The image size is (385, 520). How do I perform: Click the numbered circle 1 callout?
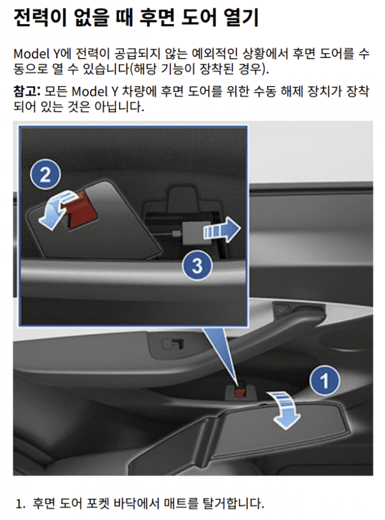tap(324, 380)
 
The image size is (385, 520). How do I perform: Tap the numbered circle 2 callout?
tap(45, 175)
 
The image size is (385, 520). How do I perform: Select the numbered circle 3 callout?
tap(197, 265)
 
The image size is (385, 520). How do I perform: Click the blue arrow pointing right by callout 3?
tap(221, 229)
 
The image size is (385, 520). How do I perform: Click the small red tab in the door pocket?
tap(240, 394)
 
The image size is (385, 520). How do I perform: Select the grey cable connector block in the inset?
tap(196, 233)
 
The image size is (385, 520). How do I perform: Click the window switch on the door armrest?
tap(172, 344)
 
